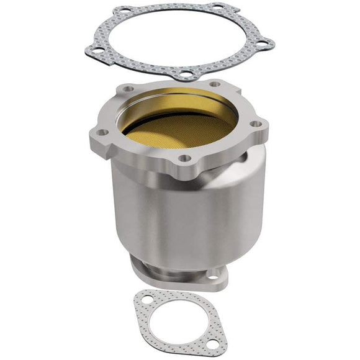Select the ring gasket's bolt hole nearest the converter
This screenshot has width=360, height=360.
(x=184, y=76)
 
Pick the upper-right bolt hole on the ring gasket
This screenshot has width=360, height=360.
(x=218, y=8)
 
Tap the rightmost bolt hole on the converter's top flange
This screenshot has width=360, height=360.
(x=254, y=124)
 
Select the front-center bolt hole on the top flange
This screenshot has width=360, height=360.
(x=184, y=158)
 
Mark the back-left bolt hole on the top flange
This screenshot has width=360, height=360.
(x=128, y=89)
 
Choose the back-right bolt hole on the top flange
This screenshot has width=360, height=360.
(x=214, y=84)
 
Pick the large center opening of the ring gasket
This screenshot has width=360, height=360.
(x=177, y=37)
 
